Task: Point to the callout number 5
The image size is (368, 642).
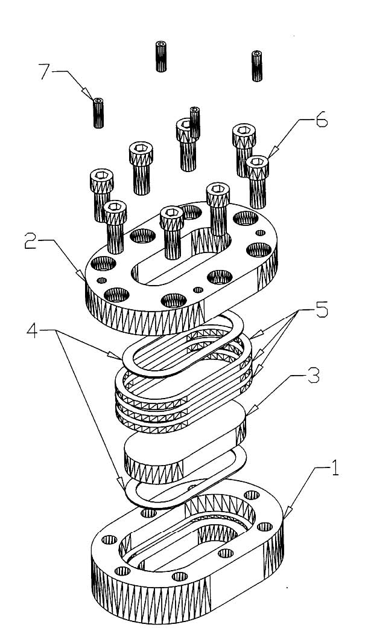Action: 321,311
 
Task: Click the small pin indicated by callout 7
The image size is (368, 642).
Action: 98,112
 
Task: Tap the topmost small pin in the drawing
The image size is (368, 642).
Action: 161,56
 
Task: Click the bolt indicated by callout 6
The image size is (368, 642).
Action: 258,172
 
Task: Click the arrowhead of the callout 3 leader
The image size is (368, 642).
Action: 248,416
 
